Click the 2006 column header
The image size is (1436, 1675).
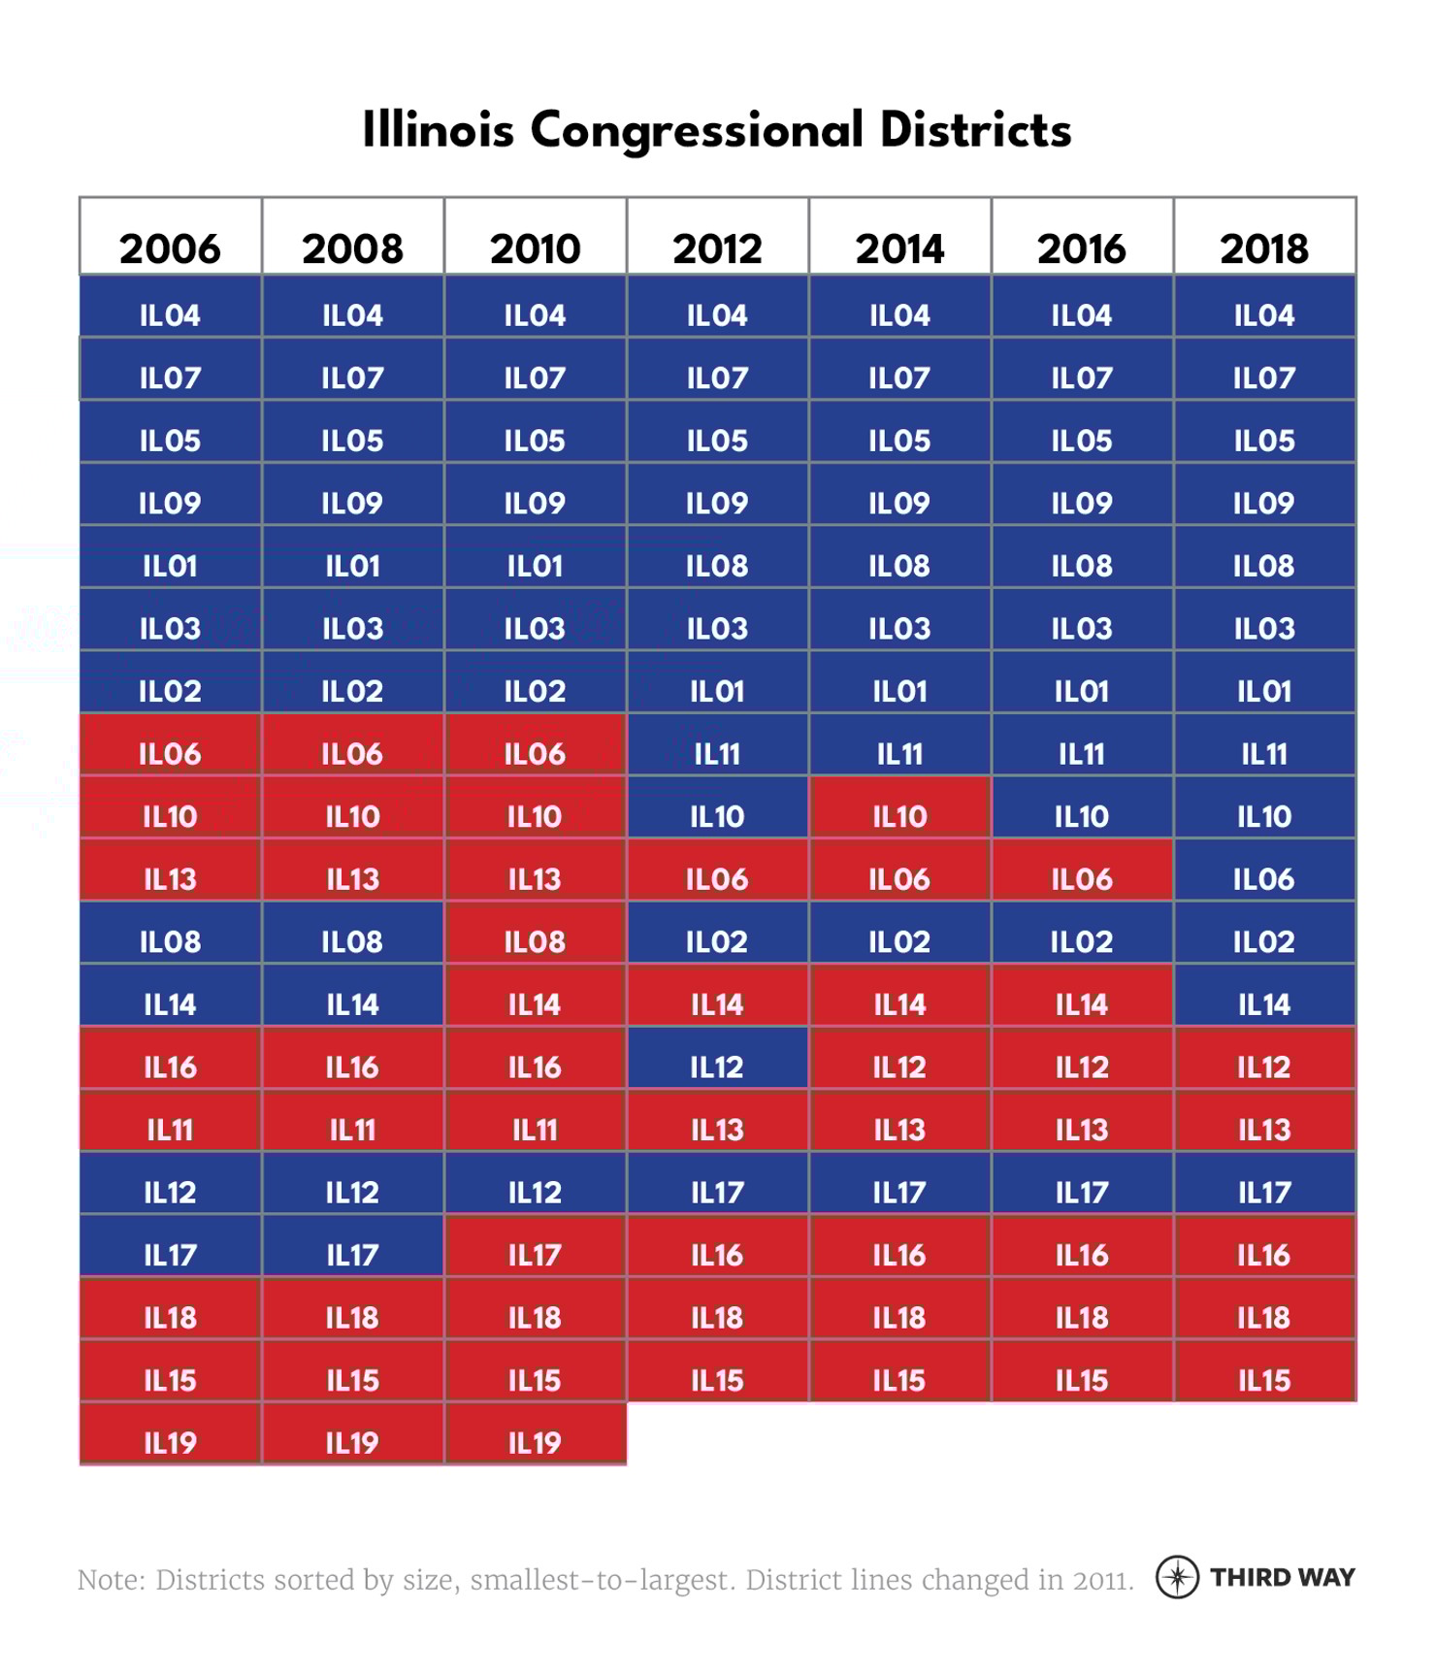pos(170,248)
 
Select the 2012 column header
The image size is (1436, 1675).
pos(717,248)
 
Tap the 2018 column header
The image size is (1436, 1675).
pos(1264,248)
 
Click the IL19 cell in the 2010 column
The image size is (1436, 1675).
pos(535,1443)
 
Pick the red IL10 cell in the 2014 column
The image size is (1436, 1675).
pos(899,816)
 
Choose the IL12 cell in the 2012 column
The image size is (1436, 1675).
pos(717,1067)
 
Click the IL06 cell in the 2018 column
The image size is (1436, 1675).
pos(1264,879)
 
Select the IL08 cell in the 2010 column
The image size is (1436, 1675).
pos(535,941)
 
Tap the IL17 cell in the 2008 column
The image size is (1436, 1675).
pos(352,1255)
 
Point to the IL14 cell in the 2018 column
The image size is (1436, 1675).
pos(1264,1004)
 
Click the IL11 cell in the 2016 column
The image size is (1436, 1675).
pos(1082,754)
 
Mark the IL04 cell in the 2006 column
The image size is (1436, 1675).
pos(170,315)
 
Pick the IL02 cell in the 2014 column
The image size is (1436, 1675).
pos(899,941)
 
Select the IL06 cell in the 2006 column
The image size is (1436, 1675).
pos(170,754)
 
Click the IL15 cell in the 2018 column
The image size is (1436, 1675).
pos(1264,1380)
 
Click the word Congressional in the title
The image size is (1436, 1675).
pos(697,131)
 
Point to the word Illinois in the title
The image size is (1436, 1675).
pos(438,131)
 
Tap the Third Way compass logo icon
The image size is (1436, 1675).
pos(1177,1576)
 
